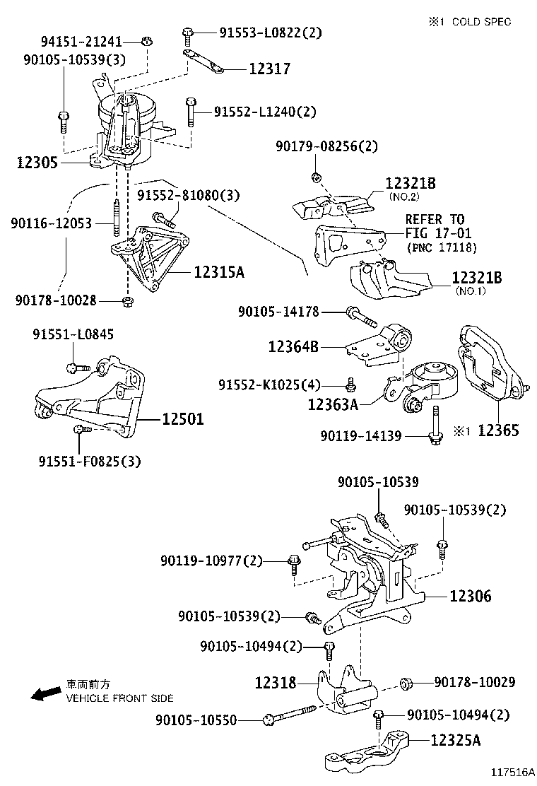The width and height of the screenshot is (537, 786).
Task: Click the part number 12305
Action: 37,163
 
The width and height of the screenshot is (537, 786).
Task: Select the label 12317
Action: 269,69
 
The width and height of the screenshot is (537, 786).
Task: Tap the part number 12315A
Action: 219,272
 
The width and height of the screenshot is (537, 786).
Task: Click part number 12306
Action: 470,596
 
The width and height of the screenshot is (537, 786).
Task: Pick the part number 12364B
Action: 293,346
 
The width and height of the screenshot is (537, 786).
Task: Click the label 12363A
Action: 333,404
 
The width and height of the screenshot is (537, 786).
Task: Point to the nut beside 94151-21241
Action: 146,40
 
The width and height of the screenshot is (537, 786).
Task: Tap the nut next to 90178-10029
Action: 407,684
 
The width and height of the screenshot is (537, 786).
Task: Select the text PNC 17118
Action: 442,247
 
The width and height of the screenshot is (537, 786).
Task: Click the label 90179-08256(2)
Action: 326,147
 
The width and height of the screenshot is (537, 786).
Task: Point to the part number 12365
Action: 499,430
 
